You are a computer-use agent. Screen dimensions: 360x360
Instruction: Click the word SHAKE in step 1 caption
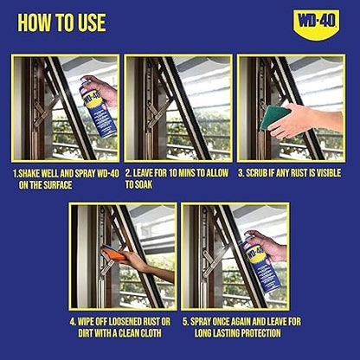(x=34, y=172)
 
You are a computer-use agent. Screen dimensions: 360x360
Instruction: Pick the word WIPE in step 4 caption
(x=85, y=321)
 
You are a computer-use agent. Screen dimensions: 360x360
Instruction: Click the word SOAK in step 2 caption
(x=140, y=184)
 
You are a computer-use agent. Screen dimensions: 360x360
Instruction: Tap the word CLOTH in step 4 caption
(x=158, y=333)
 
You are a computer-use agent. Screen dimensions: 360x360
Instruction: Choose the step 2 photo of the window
(x=178, y=108)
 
